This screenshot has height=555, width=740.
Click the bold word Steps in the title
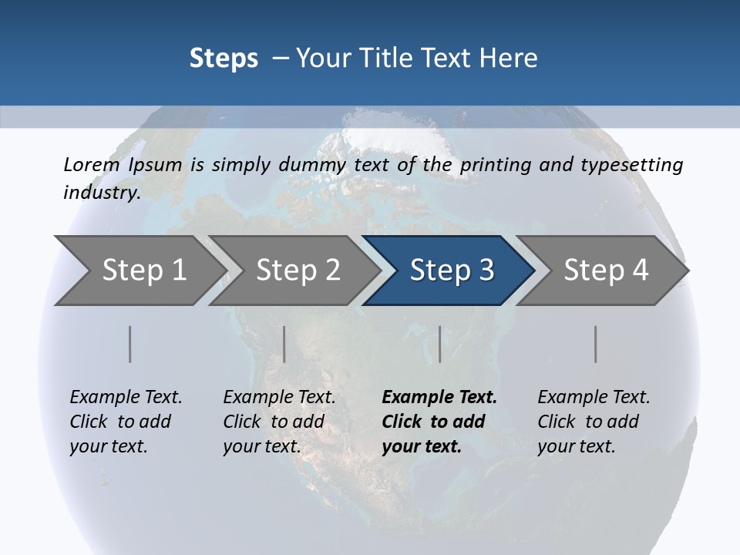pos(224,59)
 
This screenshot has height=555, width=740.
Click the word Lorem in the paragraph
pos(92,164)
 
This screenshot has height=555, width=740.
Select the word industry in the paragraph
pos(101,192)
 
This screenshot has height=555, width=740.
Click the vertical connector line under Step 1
pos(129,344)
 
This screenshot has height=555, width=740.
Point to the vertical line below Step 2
pos(284,344)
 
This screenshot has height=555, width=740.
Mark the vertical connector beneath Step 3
pos(439,344)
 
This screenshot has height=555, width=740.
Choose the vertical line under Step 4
pos(595,344)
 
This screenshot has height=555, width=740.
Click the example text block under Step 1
pos(126,422)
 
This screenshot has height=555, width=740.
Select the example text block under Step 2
pos(279,422)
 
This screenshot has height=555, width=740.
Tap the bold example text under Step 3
pos(439,422)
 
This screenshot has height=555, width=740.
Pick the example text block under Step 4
pos(594,422)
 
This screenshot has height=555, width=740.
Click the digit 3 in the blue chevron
pos(486,271)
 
